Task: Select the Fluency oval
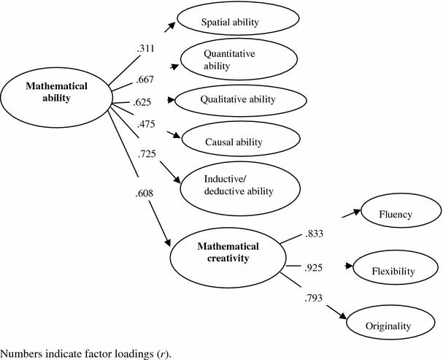pos(396,214)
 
